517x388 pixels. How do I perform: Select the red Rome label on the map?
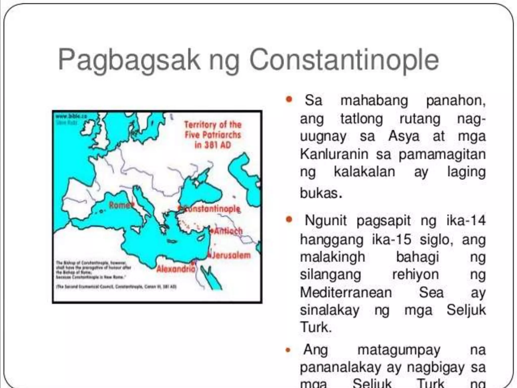pyautogui.click(x=119, y=205)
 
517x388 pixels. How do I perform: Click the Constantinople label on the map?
pyautogui.click(x=211, y=209)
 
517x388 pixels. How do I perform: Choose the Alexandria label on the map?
pyautogui.click(x=176, y=269)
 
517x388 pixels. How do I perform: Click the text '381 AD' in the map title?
pyautogui.click(x=213, y=145)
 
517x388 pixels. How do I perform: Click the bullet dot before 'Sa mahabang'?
pyautogui.click(x=289, y=99)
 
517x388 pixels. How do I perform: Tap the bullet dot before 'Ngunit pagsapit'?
pyautogui.click(x=289, y=219)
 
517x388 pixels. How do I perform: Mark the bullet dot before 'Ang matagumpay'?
pyautogui.click(x=288, y=350)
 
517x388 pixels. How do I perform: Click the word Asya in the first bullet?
pyautogui.click(x=404, y=136)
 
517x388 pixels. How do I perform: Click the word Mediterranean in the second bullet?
pyautogui.click(x=346, y=293)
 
